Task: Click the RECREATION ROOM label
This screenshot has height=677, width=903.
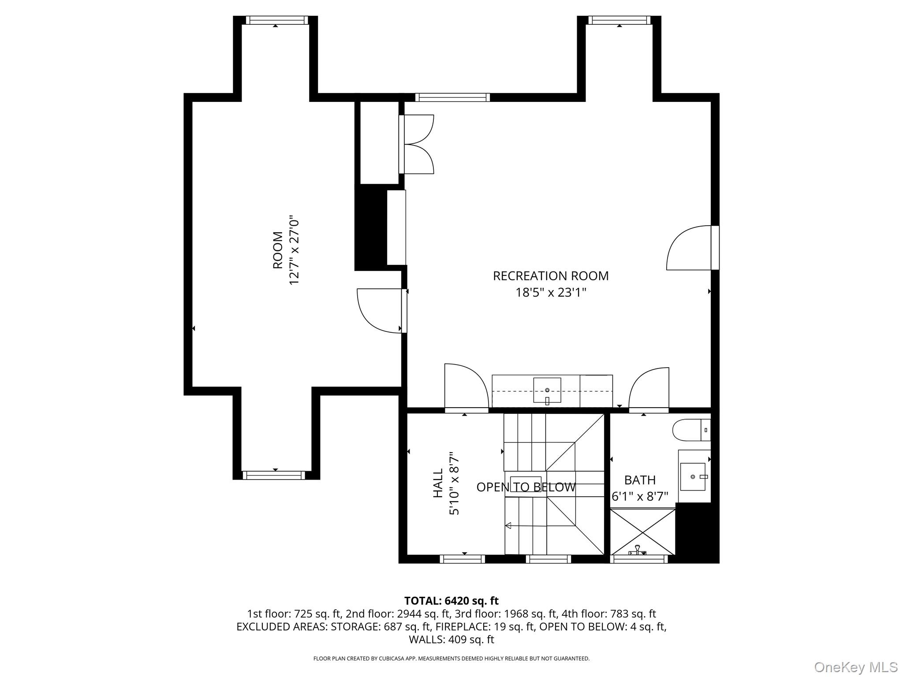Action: point(550,276)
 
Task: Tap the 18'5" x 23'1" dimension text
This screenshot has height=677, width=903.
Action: point(551,293)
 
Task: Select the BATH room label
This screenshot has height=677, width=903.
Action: point(639,480)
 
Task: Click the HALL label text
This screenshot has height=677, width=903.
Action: point(438,483)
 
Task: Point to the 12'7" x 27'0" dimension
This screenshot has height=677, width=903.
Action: point(294,250)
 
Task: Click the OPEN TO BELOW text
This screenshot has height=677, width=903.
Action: point(526,487)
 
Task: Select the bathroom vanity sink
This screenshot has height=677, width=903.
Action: point(693,476)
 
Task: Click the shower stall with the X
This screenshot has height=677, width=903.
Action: point(642,532)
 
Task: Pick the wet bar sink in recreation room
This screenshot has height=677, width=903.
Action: point(547,390)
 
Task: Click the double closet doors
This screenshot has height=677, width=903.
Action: point(417,144)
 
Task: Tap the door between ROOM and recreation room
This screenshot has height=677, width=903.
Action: point(380,310)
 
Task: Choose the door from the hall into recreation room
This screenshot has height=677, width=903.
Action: point(466,387)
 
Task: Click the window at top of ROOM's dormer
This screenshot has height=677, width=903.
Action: point(276,20)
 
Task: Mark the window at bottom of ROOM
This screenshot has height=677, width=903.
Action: point(274,475)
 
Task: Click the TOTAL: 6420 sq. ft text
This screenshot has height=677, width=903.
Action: point(451,601)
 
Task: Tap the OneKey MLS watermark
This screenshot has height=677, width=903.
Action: point(855,667)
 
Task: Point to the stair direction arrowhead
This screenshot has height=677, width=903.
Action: point(508,525)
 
